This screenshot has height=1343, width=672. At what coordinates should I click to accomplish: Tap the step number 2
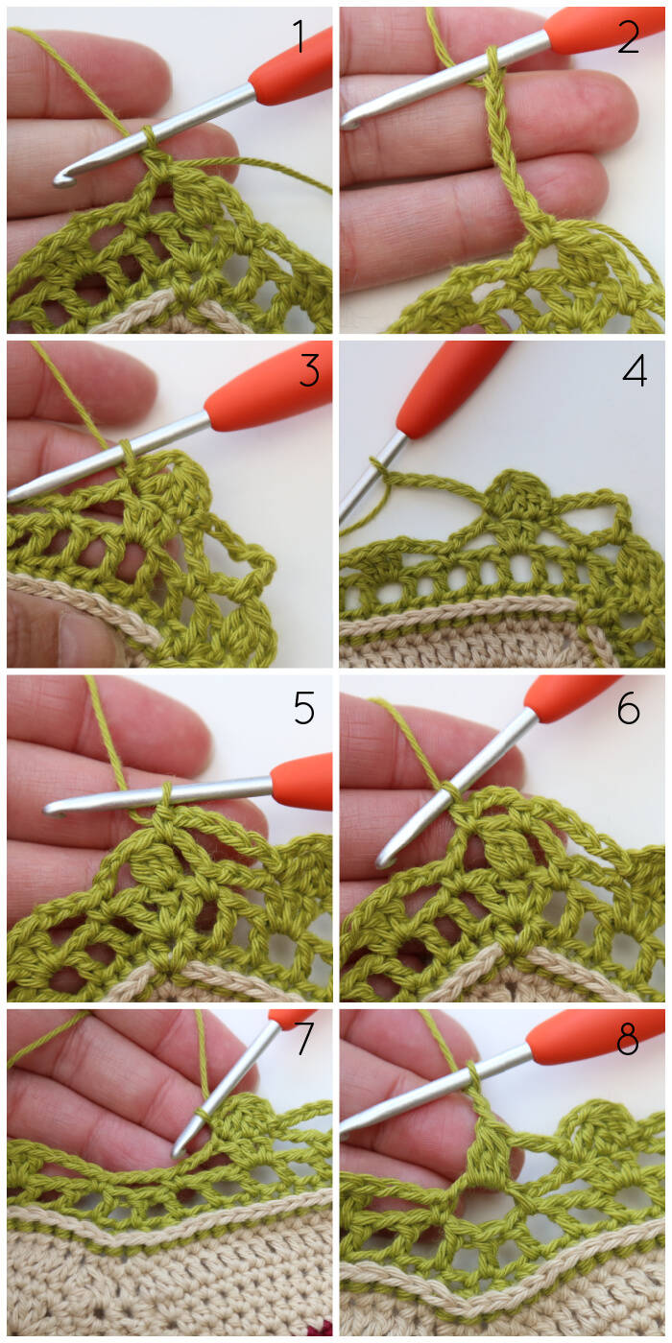click(629, 36)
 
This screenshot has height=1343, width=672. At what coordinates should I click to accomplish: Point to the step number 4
click(635, 370)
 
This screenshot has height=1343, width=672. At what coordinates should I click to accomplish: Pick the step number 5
click(304, 708)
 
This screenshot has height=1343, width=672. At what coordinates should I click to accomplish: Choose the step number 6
click(629, 708)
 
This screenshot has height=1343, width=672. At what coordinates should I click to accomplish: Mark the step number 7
click(305, 1038)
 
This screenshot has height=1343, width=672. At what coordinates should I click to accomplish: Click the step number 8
click(628, 1038)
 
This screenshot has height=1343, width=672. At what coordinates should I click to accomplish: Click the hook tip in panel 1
click(60, 180)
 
